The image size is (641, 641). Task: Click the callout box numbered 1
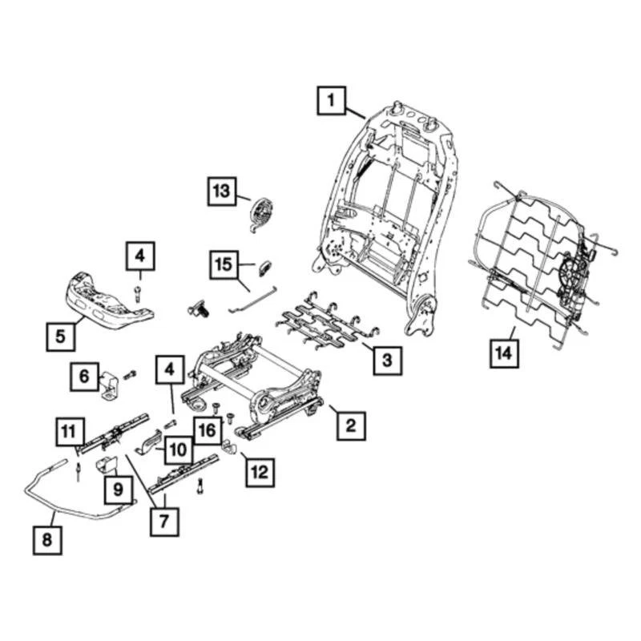tap(331, 102)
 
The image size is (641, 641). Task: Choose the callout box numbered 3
tap(387, 361)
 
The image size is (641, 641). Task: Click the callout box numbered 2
tap(349, 425)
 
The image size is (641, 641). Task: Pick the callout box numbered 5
tap(62, 337)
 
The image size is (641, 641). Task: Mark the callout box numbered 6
tap(84, 377)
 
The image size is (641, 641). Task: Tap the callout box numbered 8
tap(46, 540)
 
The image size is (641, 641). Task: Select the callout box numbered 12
tap(259, 474)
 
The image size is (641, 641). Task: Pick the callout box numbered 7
tap(166, 521)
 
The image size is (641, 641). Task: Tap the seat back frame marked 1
tap(385, 208)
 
